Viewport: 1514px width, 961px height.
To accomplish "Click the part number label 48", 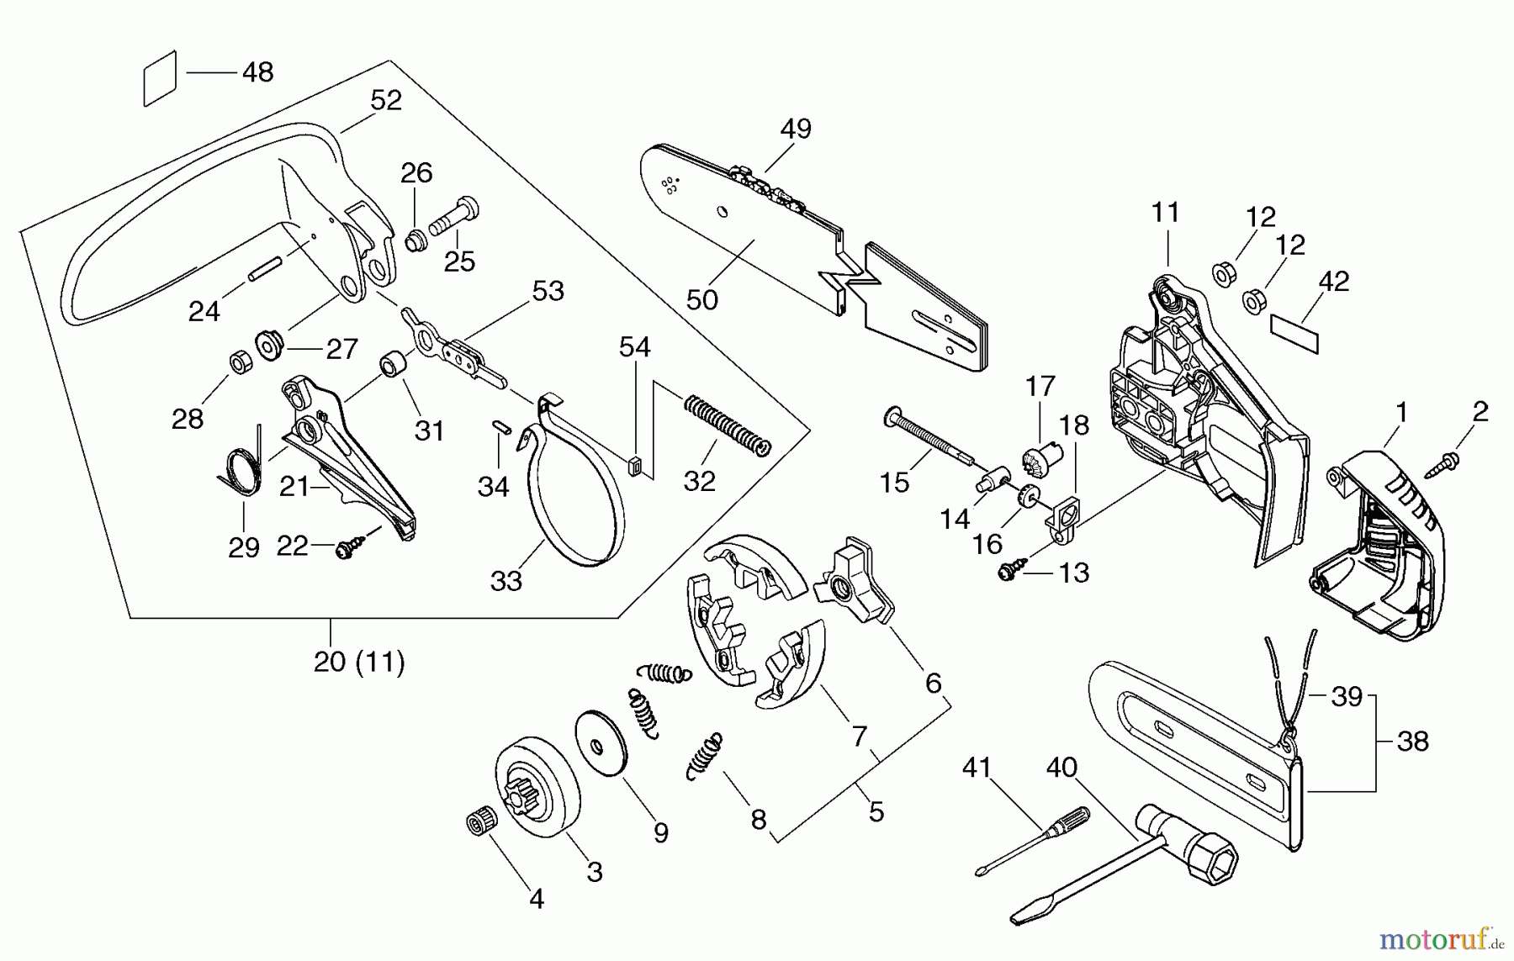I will pos(257,72).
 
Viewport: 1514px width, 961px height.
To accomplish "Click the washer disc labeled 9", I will pos(601,743).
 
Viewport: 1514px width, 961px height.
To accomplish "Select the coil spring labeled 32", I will pos(727,425).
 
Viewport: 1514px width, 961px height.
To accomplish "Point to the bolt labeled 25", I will pos(453,217).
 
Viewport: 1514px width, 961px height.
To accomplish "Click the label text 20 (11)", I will pos(359,663).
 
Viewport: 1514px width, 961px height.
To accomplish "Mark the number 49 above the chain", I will pos(796,129).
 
